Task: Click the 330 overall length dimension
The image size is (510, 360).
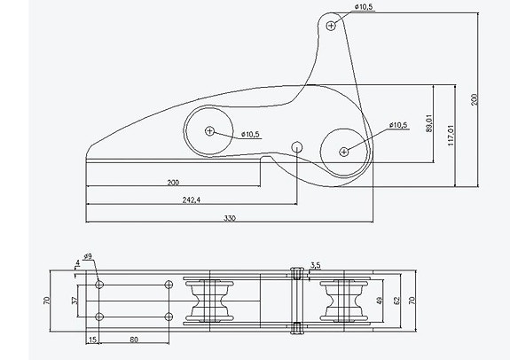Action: (230, 218)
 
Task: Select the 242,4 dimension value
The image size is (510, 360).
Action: (192, 200)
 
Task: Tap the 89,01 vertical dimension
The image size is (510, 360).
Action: (429, 123)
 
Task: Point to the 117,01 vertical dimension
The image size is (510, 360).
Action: (451, 135)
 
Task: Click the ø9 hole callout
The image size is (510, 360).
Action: (88, 256)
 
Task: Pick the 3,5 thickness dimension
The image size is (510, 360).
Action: (315, 265)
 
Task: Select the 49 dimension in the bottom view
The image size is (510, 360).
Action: (380, 301)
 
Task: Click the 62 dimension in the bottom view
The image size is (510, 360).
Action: (397, 301)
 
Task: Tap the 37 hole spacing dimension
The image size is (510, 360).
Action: (75, 301)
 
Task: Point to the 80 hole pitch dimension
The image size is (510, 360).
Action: (134, 340)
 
